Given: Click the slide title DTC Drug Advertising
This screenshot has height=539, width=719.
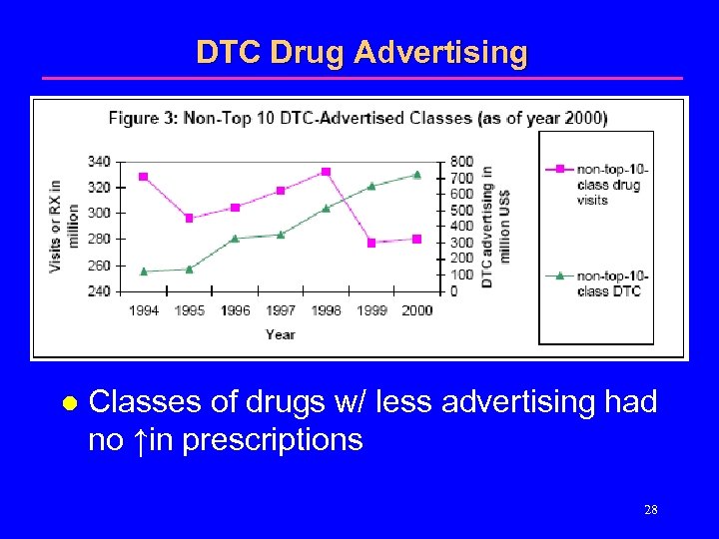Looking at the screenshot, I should (360, 52).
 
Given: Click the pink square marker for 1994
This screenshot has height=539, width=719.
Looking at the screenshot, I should (144, 177).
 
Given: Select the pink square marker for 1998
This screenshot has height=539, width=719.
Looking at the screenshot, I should (326, 172).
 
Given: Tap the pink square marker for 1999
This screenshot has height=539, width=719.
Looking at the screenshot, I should (371, 243).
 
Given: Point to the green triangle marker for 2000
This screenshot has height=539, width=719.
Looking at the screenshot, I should (416, 175).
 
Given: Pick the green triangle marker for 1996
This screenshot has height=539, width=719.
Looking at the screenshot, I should (235, 239).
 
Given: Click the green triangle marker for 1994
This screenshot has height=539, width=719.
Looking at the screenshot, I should (144, 270).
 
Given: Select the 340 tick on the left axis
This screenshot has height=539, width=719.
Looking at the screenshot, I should (99, 162).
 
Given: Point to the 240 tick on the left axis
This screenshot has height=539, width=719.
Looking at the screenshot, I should (99, 291).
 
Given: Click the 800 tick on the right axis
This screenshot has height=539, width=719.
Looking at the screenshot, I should (461, 162).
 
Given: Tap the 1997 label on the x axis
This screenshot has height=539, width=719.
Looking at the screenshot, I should (281, 310).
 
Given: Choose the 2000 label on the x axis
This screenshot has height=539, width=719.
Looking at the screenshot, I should (416, 310).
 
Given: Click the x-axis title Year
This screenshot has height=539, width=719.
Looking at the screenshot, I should (281, 334).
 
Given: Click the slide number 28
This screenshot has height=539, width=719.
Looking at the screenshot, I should (650, 510).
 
